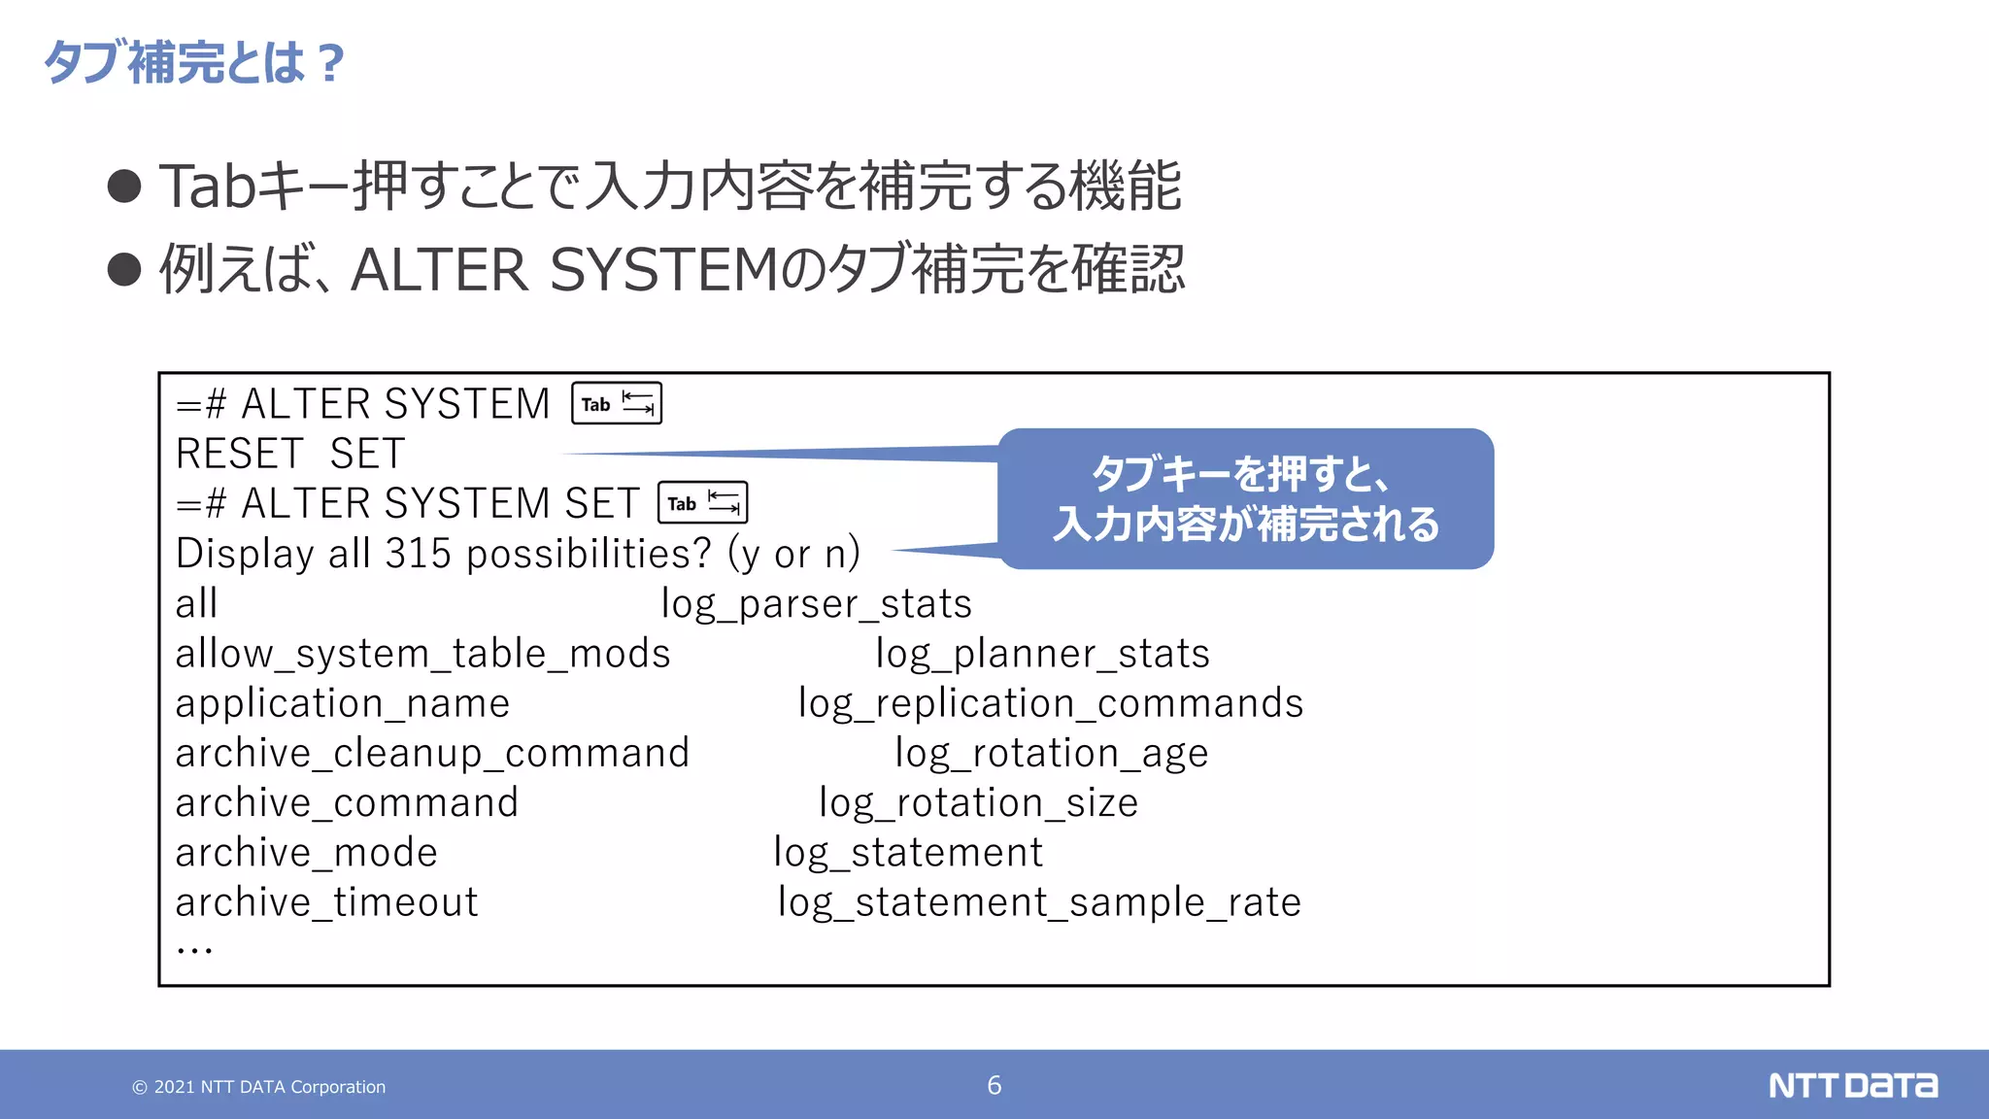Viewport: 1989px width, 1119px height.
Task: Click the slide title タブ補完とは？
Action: click(x=194, y=62)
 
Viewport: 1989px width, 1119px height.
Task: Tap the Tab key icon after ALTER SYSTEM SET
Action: click(x=702, y=503)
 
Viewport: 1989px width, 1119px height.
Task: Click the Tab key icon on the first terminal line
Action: click(x=617, y=403)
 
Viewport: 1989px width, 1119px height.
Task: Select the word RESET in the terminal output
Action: click(x=240, y=454)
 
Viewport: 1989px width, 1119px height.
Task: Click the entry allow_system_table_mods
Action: click(x=422, y=654)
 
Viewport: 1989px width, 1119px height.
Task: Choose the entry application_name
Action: click(x=342, y=703)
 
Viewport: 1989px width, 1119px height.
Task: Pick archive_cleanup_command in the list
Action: click(x=432, y=754)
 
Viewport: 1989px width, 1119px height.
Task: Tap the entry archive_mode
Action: click(x=306, y=853)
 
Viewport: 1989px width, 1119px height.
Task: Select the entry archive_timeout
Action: click(x=326, y=902)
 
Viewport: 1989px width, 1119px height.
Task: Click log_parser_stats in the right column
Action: click(x=816, y=604)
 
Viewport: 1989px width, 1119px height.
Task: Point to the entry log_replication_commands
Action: click(x=1050, y=703)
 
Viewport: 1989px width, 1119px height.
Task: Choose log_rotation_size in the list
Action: click(x=978, y=803)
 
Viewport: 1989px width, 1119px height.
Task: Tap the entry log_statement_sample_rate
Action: click(x=1039, y=902)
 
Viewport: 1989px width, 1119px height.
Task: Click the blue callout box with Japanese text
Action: click(x=1246, y=498)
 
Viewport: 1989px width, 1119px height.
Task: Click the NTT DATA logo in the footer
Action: click(x=1852, y=1085)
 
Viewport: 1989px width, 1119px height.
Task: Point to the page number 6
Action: click(x=994, y=1085)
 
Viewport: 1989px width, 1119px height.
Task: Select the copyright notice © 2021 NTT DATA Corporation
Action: click(x=259, y=1087)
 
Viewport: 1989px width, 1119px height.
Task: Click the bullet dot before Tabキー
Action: click(x=124, y=186)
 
